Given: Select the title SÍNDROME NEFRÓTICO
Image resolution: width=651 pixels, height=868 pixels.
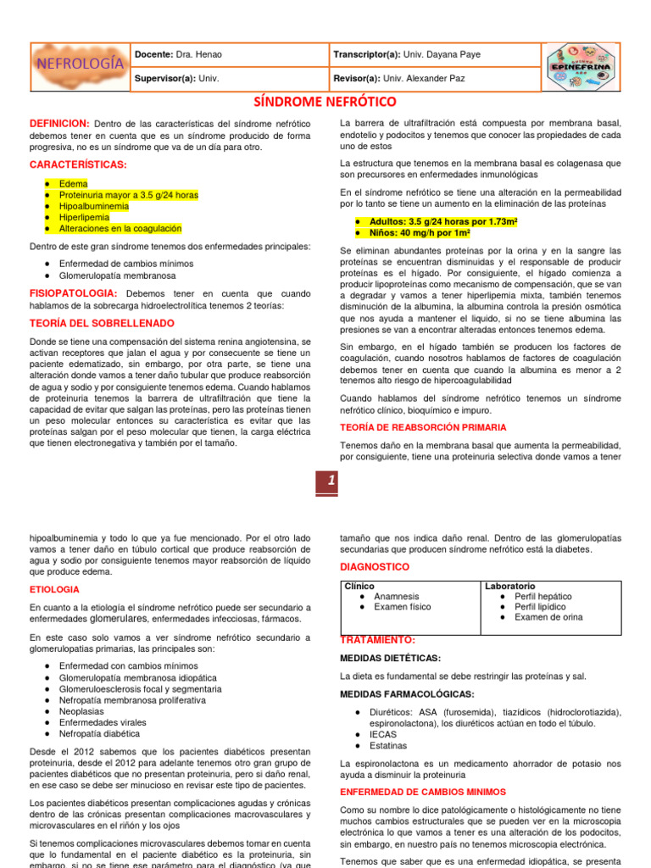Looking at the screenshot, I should coord(325,103).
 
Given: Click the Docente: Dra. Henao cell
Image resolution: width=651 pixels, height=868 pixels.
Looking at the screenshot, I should coord(179,54).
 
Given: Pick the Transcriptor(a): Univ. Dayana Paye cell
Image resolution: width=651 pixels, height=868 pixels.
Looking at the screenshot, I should coord(408,54).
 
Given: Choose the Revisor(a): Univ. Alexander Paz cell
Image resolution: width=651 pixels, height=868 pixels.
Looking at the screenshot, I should coord(400,78).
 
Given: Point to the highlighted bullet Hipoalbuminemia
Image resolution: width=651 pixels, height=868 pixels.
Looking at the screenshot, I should coord(94,206).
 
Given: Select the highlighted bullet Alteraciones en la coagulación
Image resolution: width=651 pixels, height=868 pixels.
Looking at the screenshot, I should coord(120,228).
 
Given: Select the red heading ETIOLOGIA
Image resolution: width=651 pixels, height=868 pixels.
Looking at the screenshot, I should coord(54,589).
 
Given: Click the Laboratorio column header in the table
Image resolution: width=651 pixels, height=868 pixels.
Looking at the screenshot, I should coord(509,586).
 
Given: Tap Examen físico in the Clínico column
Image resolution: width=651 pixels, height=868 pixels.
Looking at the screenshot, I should coord(402,607).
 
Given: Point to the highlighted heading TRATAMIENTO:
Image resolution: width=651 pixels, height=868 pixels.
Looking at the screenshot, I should coord(378,640).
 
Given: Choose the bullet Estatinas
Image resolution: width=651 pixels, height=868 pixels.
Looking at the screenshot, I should coord(387,746).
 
